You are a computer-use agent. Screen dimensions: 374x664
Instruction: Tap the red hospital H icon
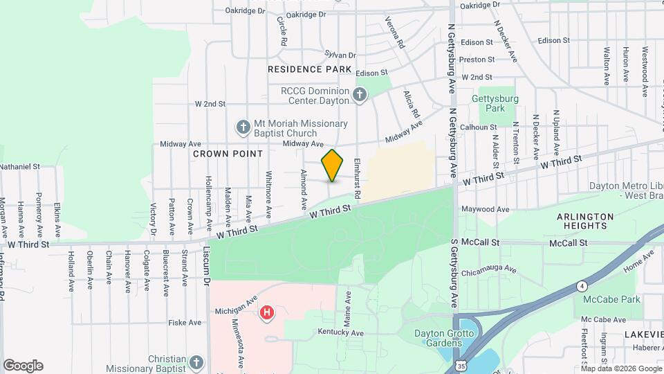(266, 314)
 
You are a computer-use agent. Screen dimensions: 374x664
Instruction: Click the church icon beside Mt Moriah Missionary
(243, 127)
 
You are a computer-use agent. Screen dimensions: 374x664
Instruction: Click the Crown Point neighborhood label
(228, 153)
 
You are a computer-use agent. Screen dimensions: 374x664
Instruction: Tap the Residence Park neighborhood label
(309, 69)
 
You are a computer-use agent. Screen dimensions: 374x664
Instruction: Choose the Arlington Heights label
(584, 221)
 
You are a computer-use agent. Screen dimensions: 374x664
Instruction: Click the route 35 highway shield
(461, 364)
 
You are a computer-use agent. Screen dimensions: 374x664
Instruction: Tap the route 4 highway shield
(583, 285)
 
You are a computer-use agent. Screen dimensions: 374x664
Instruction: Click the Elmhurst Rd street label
(358, 170)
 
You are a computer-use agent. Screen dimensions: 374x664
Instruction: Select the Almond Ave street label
(303, 189)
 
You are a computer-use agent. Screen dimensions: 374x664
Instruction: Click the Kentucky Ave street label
(341, 333)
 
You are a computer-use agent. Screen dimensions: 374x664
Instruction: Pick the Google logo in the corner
(23, 366)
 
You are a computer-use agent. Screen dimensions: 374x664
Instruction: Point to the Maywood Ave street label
(486, 209)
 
